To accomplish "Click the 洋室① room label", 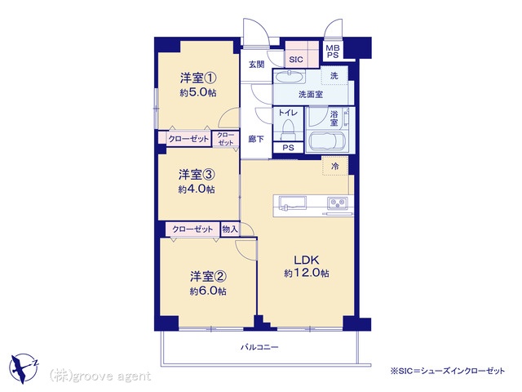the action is [x=198, y=78].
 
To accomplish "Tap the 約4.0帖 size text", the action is [x=197, y=189].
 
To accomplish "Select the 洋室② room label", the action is [x=209, y=276].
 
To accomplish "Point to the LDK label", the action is [x=307, y=260].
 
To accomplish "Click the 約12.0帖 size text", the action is [x=307, y=274].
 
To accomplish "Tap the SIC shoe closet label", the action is [x=296, y=60].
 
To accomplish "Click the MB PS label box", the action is [x=333, y=51].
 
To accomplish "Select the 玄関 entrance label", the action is [x=257, y=65].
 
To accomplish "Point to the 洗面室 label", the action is [x=311, y=95].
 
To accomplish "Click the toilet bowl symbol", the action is [x=288, y=130].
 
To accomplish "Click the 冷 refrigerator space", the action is [x=335, y=166].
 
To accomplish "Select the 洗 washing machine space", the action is [x=334, y=76].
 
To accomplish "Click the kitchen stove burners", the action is [x=338, y=203].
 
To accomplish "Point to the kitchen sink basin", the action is [x=292, y=203].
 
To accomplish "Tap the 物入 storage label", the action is [x=230, y=229].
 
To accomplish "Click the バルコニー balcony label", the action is [x=259, y=347].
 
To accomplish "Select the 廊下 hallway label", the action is [x=256, y=139].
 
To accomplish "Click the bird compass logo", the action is [x=24, y=368].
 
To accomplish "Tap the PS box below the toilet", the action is [x=288, y=148].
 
